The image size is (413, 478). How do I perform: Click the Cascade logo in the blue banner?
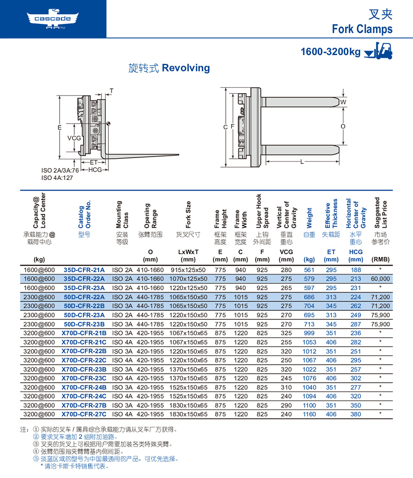pos(53,19)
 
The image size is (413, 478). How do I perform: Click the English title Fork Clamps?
pos(362,29)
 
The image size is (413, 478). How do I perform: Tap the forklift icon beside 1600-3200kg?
pos(378,51)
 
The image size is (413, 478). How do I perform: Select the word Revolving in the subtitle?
pos(186,68)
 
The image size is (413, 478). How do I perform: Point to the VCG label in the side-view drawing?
pos(74,138)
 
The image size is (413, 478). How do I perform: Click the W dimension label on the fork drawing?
pos(343,102)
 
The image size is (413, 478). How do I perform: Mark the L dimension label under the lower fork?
pos(302,162)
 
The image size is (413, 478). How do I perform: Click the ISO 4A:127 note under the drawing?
pos(57,178)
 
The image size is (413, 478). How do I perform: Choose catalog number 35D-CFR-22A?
pos(84,279)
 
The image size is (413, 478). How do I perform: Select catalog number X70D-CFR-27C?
pos(84,414)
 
